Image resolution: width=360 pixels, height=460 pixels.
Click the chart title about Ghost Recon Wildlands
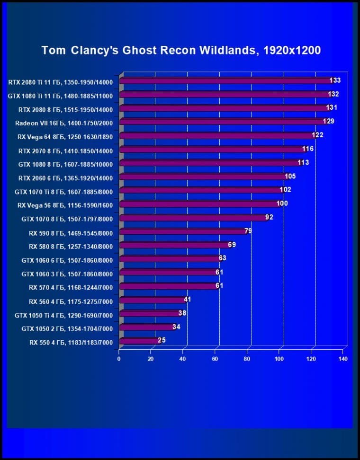point(181,50)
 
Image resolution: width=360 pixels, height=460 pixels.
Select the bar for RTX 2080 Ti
point(225,81)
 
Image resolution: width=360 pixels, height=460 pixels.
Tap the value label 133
point(335,80)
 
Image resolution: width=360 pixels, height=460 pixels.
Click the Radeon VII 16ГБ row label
point(64,122)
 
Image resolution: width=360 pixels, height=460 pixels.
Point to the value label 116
point(308,149)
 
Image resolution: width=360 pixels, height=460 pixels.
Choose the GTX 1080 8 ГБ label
point(64,163)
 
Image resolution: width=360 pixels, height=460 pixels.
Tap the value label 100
point(282,204)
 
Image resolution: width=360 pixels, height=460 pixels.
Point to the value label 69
point(231,245)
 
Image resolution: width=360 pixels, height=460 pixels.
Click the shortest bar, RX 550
point(137,341)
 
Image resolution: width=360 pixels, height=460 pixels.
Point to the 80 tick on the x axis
point(247,359)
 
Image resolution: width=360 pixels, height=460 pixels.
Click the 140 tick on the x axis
point(343,359)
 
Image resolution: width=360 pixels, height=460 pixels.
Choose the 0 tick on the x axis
point(119,359)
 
